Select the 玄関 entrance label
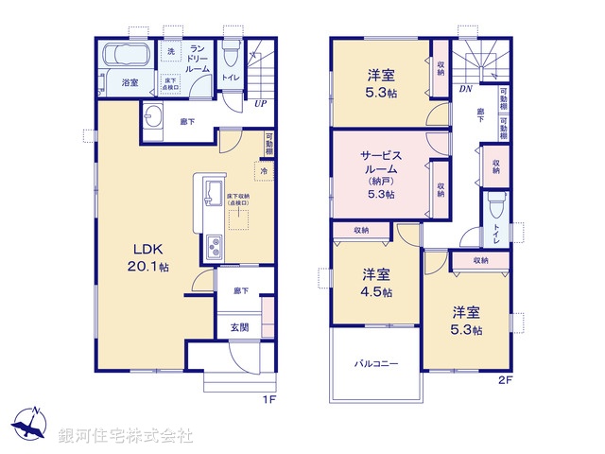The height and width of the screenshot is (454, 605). tap(238, 328)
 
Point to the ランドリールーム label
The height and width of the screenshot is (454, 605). tap(199, 58)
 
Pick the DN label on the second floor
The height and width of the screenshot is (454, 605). tap(465, 89)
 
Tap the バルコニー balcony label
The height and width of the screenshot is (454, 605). tap(376, 363)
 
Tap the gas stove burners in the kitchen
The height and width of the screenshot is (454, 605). tap(213, 248)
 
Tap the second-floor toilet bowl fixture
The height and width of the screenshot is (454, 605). tap(493, 204)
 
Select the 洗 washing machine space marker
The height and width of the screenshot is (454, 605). tap(171, 51)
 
